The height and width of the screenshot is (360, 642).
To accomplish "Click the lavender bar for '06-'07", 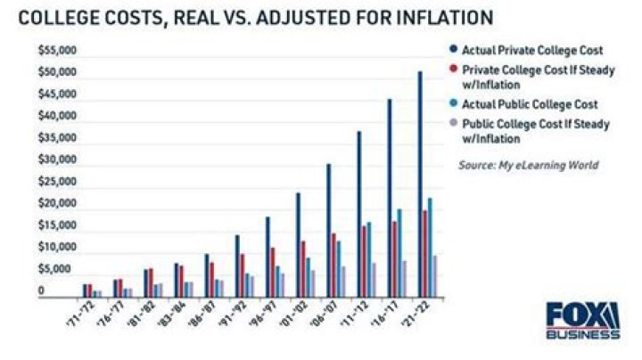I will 343,282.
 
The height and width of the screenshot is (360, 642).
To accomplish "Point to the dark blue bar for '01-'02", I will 298,244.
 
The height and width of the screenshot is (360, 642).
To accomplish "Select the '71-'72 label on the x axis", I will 91,315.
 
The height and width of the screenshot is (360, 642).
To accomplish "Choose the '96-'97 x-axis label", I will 273,315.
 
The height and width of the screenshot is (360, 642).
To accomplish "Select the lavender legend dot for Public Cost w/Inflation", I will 453,121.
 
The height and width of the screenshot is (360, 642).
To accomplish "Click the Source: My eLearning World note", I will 528,165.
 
